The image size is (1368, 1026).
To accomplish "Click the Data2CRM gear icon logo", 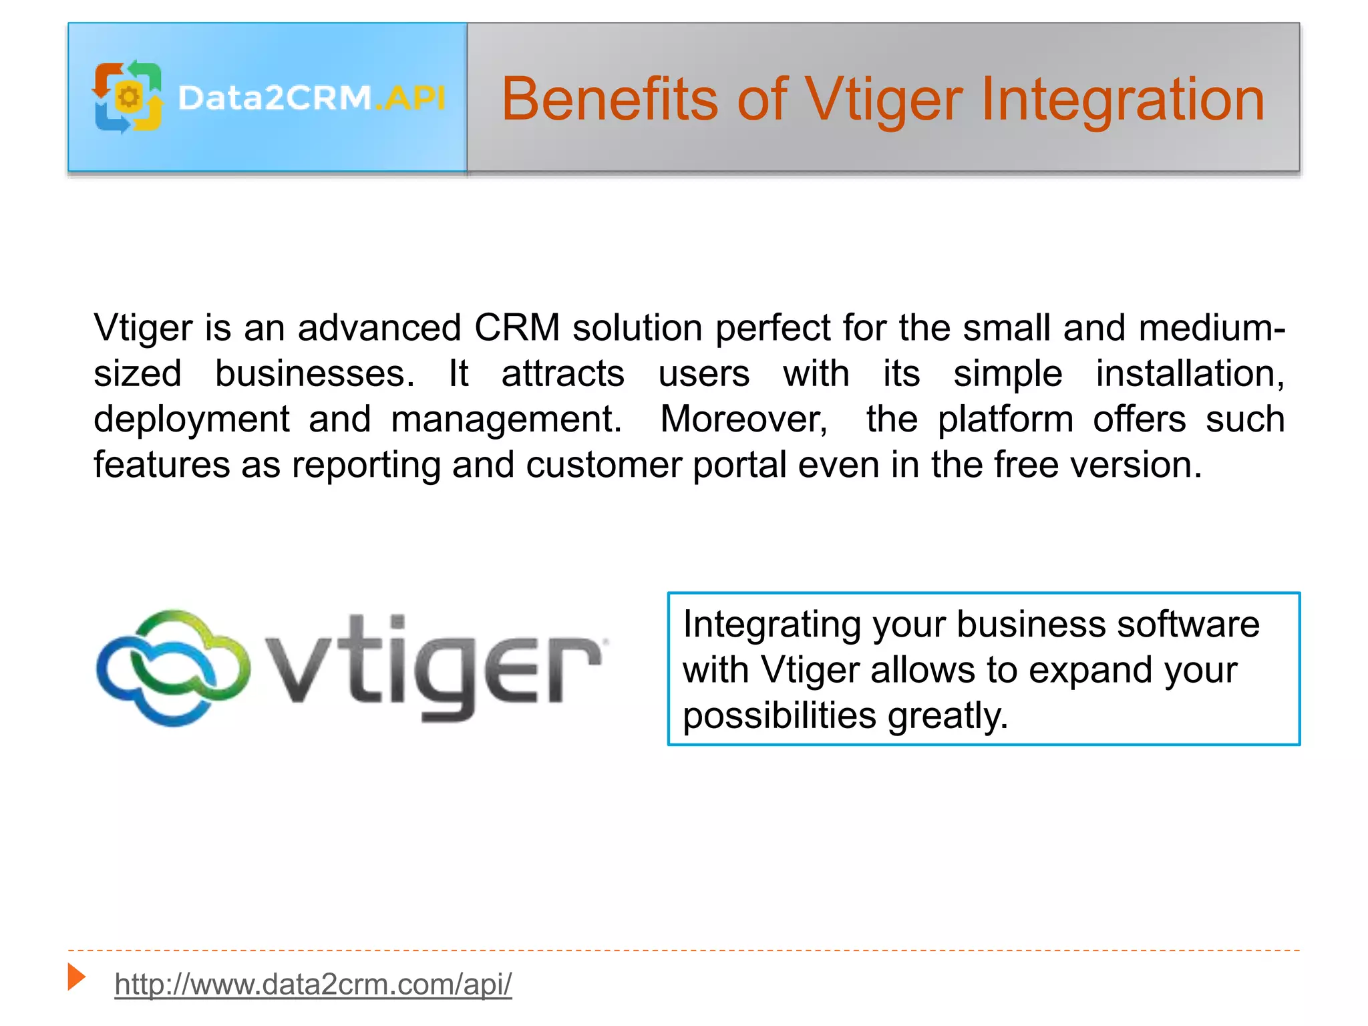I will click(x=128, y=98).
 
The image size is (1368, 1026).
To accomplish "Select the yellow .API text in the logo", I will click(x=411, y=98).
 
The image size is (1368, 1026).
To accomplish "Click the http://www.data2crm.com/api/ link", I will click(x=313, y=984).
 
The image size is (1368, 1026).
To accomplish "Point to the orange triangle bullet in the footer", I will click(x=76, y=977).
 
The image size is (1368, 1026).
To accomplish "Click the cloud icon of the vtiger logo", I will click(x=173, y=667).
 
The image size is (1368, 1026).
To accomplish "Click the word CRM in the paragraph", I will click(x=516, y=328).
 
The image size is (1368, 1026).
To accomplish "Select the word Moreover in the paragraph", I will click(x=743, y=419).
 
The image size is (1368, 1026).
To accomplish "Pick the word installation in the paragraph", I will click(x=1190, y=373).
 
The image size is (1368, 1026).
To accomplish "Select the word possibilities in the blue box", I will click(x=779, y=716).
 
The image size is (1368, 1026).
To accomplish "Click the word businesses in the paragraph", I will click(x=314, y=373).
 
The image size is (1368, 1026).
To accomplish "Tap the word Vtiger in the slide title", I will click(x=884, y=100).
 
